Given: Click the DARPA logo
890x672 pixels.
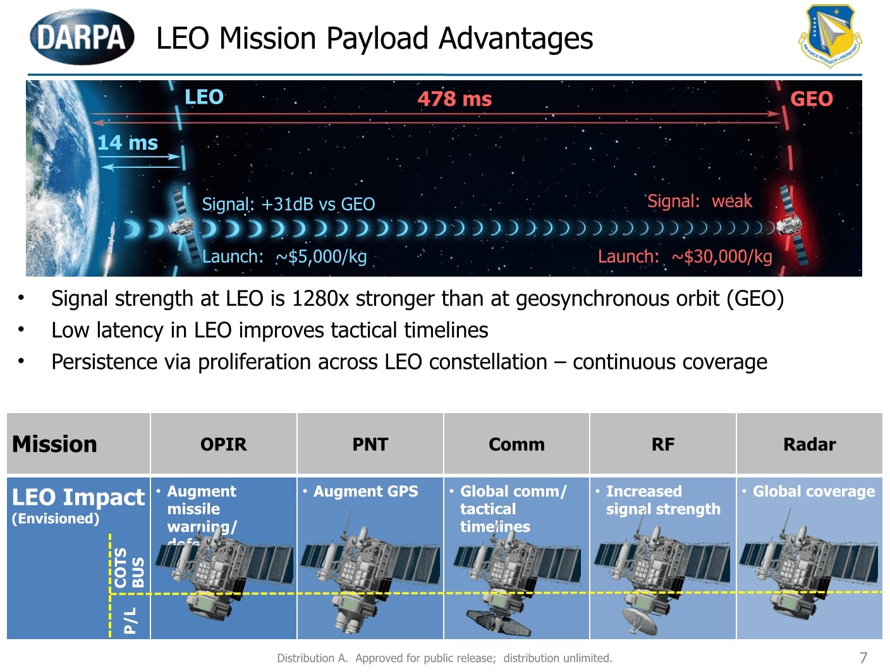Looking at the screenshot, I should point(82,37).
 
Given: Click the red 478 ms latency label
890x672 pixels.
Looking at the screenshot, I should point(454,99).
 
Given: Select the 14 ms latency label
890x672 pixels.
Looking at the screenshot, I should point(127,143).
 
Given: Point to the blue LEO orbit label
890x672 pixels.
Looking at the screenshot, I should point(204,97).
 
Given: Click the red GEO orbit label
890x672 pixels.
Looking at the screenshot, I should point(812,99).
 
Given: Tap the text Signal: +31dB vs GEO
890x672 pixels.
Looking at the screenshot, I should point(288,204).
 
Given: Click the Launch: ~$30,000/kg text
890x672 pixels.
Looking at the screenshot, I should point(685,256).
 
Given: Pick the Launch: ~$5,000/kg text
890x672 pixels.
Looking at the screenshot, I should point(284,256).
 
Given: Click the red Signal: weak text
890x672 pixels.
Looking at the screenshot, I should point(700,201).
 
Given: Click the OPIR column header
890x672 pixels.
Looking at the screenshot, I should point(224,445).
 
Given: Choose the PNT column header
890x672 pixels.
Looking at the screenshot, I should point(370,445).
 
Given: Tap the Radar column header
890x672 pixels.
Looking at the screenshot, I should point(810,445).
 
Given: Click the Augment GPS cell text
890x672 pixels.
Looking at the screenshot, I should point(365,491).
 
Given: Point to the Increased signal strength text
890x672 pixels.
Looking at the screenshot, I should point(662,500).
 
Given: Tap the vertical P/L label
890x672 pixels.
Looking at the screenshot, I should point(130,620).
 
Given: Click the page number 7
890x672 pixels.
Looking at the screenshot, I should point(863,657).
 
